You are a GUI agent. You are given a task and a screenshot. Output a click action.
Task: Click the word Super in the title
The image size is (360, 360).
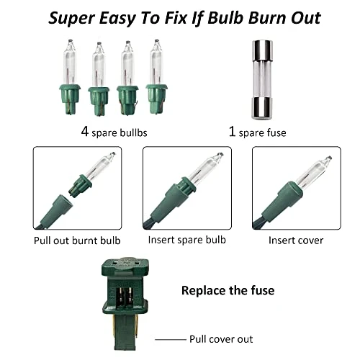pyautogui.click(x=71, y=19)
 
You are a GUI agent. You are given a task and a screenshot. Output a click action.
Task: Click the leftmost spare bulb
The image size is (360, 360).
pyautogui.click(x=70, y=77)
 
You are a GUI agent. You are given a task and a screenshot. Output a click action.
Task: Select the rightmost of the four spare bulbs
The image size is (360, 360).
pyautogui.click(x=156, y=76)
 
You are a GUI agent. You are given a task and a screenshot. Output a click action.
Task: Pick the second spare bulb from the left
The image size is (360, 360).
pyautogui.click(x=99, y=79)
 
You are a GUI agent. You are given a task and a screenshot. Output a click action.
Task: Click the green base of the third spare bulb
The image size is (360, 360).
pyautogui.click(x=127, y=100)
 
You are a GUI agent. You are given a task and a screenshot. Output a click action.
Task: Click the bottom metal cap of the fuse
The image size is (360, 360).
pyautogui.click(x=262, y=109)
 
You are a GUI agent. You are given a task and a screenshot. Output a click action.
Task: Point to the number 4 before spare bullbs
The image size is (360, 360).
pyautogui.click(x=85, y=132)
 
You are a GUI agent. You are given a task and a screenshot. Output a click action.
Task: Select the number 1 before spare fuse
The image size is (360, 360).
pyautogui.click(x=232, y=132)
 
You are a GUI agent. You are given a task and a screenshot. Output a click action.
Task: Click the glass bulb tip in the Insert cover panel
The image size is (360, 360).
pyautogui.click(x=329, y=158)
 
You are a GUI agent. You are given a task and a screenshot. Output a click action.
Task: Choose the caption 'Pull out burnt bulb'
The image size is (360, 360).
pyautogui.click(x=77, y=240)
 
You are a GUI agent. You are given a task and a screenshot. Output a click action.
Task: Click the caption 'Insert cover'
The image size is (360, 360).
pyautogui.click(x=296, y=240)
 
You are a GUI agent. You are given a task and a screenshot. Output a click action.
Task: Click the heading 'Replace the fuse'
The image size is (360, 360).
pyautogui.click(x=228, y=290)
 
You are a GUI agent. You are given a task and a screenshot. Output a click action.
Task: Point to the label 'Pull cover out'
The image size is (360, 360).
pyautogui.click(x=221, y=339)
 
